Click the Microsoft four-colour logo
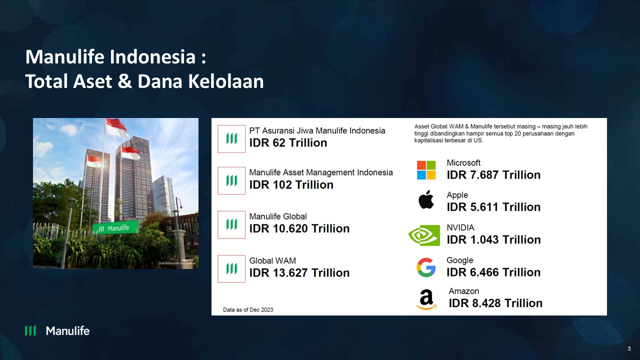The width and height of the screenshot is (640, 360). coord(426,170)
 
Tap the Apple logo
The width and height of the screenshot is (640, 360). coord(426,200)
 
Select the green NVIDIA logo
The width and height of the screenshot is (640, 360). coord(424,235)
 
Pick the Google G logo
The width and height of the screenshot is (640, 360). coord(426,267)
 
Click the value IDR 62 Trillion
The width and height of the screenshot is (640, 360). coord(288,143)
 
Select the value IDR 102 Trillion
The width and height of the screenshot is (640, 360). coord(291,185)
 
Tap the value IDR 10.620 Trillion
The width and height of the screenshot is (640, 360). coord(299,228)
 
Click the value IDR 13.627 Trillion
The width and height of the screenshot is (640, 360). coord(299,273)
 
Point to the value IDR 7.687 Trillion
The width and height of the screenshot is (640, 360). coord(493,175)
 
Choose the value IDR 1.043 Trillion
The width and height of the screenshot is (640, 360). coord(493,240)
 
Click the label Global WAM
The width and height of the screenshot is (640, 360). coord(272,260)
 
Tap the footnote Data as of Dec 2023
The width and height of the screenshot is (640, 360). coord(248,310)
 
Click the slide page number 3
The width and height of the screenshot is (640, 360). coord(629,348)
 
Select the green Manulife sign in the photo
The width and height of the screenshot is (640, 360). coord(114,228)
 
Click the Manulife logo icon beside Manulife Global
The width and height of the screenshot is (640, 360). coord(231,224)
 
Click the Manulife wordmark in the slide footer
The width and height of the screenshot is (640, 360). coord(67,330)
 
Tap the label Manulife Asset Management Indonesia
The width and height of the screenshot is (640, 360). coord(321,172)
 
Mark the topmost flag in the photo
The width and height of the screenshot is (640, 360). coord(116,127)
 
